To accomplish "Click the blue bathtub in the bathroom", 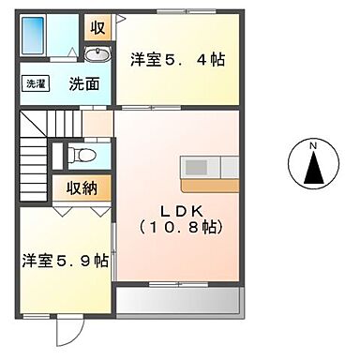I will click(35, 37).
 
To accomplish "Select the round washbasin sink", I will click(100, 54).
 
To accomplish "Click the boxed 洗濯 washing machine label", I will click(35, 83).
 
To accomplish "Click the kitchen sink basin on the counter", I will click(197, 167).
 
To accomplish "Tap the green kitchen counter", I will click(211, 167).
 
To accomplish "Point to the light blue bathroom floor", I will click(66, 37).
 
